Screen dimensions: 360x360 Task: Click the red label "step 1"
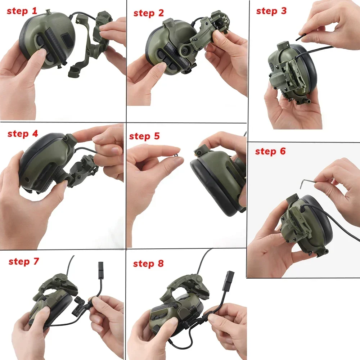point(22,11)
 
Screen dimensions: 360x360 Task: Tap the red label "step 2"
point(149,13)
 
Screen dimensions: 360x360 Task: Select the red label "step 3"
point(271,11)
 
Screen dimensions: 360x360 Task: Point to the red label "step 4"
point(23,134)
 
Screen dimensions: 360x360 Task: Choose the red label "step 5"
point(144,136)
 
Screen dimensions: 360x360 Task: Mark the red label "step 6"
point(270,152)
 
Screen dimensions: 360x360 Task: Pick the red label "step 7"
point(24,261)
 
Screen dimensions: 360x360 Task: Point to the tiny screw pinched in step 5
point(176,156)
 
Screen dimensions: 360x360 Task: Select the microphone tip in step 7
point(101,267)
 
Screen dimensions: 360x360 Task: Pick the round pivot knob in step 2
point(185,49)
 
